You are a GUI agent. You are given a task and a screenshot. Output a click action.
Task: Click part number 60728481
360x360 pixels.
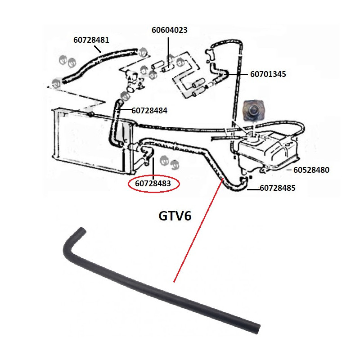(x=91, y=40)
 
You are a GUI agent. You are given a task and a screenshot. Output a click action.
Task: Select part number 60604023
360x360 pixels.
(x=169, y=30)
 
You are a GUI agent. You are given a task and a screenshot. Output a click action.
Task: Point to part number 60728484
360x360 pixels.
(x=149, y=110)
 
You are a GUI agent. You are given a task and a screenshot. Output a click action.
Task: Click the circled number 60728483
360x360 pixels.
(x=153, y=184)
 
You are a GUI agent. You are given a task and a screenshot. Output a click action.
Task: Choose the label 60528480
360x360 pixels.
(x=311, y=170)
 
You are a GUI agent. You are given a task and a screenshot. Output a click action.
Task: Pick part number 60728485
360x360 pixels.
(x=278, y=189)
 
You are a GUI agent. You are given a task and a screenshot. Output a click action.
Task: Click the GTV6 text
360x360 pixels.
(x=175, y=216)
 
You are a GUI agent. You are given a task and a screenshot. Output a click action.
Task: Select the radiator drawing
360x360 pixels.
(x=90, y=139)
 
